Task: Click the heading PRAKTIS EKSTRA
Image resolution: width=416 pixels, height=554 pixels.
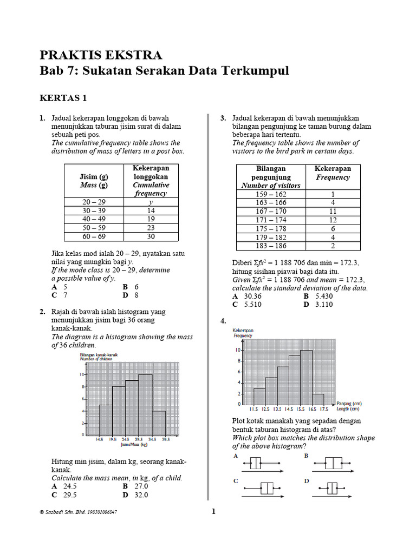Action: click(101, 55)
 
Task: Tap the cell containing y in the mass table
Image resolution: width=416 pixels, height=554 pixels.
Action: click(151, 202)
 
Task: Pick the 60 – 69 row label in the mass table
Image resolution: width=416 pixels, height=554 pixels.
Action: click(94, 236)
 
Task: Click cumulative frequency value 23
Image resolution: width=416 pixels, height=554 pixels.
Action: click(151, 228)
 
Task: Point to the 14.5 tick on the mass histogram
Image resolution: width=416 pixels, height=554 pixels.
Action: click(99, 440)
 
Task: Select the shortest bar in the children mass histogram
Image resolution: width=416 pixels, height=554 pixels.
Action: click(159, 423)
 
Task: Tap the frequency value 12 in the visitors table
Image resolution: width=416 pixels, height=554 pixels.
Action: click(333, 220)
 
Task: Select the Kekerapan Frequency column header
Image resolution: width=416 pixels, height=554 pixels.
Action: click(333, 173)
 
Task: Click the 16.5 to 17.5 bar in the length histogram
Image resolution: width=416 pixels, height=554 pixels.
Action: click(318, 399)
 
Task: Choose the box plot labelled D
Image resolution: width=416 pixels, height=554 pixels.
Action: click(332, 488)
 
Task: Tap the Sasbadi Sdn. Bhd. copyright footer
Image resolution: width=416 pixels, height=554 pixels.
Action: click(75, 512)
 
